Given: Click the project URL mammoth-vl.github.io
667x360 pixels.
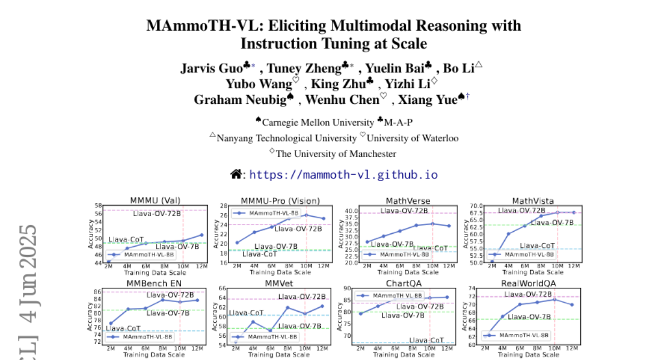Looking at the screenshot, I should click(343, 174).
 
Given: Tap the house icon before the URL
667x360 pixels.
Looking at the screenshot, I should click(236, 174).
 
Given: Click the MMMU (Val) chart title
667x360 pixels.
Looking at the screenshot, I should click(155, 201).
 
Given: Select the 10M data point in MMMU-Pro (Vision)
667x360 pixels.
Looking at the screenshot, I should click(306, 215).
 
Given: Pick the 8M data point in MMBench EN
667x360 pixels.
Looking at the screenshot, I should click(163, 300).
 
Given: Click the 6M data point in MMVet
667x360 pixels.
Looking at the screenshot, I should click(270, 331).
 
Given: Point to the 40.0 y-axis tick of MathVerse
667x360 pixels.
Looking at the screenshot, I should click(351, 211).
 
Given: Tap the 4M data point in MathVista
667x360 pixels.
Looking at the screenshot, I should click(508, 234).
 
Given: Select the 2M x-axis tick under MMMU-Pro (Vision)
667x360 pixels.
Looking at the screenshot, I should click(236, 267).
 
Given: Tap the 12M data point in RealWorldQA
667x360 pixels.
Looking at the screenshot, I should click(571, 304).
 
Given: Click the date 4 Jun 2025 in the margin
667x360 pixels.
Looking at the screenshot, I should click(28, 272).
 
